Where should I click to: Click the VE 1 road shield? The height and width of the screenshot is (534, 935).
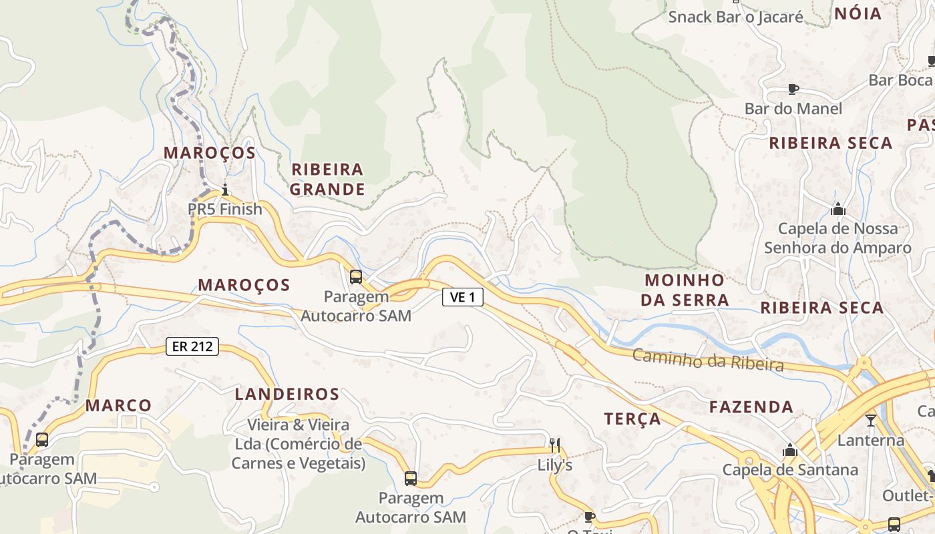[x=462, y=297]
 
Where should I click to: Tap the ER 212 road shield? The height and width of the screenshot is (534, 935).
[x=192, y=346]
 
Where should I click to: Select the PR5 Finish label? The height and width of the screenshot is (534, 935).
[x=225, y=209]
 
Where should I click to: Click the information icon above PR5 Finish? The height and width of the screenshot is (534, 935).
[x=225, y=190]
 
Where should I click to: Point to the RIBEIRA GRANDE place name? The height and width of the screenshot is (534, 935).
[x=328, y=179]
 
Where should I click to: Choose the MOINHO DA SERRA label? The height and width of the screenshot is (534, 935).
[x=685, y=290]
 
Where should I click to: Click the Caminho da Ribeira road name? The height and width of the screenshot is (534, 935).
[x=707, y=360]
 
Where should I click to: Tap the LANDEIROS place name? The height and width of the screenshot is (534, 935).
[x=287, y=394]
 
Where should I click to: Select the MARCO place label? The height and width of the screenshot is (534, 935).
[x=118, y=405]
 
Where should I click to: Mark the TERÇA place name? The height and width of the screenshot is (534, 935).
[x=632, y=419]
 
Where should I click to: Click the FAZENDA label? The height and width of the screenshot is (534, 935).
[x=751, y=407]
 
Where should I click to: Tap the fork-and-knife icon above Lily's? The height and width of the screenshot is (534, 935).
[x=554, y=445]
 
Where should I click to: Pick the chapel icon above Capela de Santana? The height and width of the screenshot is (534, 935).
[x=790, y=450]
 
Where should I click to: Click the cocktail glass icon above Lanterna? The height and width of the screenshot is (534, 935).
[x=871, y=421]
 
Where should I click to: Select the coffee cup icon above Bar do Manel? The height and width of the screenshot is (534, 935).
[x=793, y=89]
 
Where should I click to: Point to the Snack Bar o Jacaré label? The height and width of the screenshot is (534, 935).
[x=735, y=17]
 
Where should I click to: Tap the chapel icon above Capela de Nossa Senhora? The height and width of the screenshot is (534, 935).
[x=837, y=209]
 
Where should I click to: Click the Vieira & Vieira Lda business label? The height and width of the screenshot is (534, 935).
[x=299, y=443]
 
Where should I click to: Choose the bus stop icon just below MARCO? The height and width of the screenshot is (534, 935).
[x=42, y=440]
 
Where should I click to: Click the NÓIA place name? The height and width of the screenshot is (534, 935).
[x=858, y=14]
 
